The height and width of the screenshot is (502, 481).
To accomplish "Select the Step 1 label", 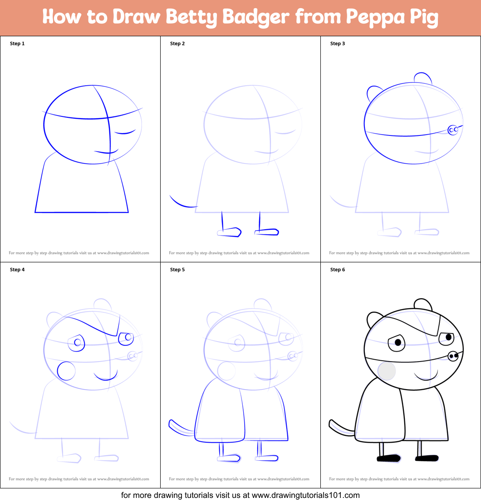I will point(17,43).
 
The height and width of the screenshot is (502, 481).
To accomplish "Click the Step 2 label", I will point(177,43).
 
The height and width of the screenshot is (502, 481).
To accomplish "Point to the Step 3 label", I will point(338,43).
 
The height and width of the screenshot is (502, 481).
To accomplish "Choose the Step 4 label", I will point(17,270).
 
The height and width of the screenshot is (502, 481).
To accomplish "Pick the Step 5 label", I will point(177,270).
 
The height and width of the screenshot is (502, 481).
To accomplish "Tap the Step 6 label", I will point(338,270).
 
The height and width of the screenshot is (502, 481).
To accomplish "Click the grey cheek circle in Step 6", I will point(387,371).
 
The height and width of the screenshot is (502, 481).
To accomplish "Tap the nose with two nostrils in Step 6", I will point(453,356).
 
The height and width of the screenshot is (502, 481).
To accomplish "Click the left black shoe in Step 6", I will point(388,459).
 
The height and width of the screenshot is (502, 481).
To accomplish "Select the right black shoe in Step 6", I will point(427,458).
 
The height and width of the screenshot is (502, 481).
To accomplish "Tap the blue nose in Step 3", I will point(453,130).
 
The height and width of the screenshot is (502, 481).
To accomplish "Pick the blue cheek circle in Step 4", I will point(66,371).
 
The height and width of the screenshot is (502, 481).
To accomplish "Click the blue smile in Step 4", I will point(103,377).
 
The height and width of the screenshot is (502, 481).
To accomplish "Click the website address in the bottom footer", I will point(305,495).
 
